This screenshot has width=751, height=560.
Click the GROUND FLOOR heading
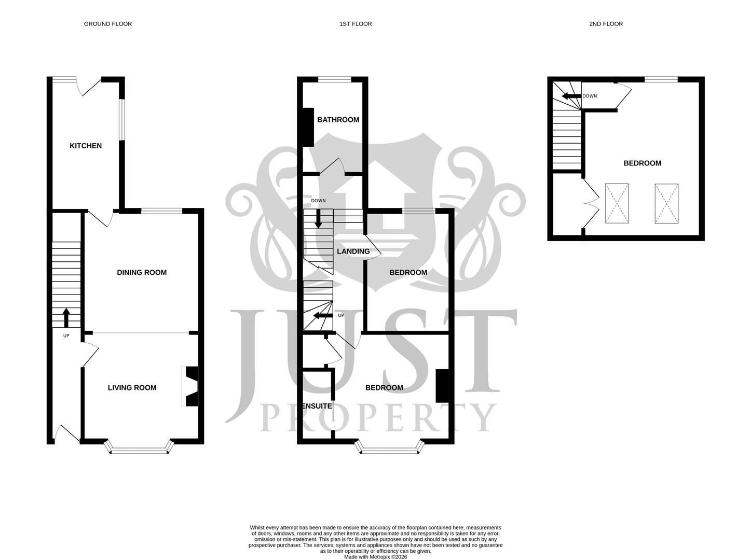click(108, 24)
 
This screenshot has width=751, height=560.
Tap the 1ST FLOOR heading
click(356, 24)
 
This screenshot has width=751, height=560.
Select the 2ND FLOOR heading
click(605, 24)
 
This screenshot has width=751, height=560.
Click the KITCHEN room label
click(86, 146)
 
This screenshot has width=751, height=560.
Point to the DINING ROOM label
click(142, 272)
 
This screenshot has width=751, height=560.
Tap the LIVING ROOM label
click(132, 387)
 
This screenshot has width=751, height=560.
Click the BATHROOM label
click(338, 120)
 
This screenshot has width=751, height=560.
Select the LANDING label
click(353, 251)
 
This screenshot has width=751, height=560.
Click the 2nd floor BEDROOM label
click(642, 163)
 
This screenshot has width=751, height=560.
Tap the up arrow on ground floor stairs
click(66, 317)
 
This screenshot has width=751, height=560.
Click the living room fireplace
click(191, 386)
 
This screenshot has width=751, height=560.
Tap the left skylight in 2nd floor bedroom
click(617, 203)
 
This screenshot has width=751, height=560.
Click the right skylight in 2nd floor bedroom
click(666, 203)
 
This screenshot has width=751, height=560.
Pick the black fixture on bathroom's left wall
click(308, 127)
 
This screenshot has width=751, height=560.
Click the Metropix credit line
click(375, 557)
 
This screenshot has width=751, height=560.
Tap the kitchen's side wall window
click(121, 119)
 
